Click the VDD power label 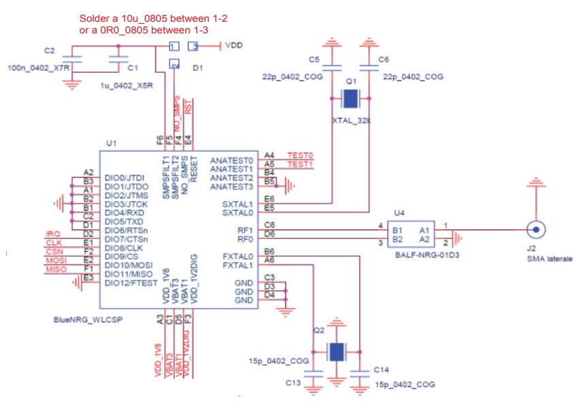point(234,46)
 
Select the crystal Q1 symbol point(350,99)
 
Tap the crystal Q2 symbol point(335,352)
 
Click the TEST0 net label point(300,155)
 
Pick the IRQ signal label point(52,234)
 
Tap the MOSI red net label point(55,261)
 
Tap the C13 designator point(293,383)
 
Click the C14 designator point(382,369)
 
